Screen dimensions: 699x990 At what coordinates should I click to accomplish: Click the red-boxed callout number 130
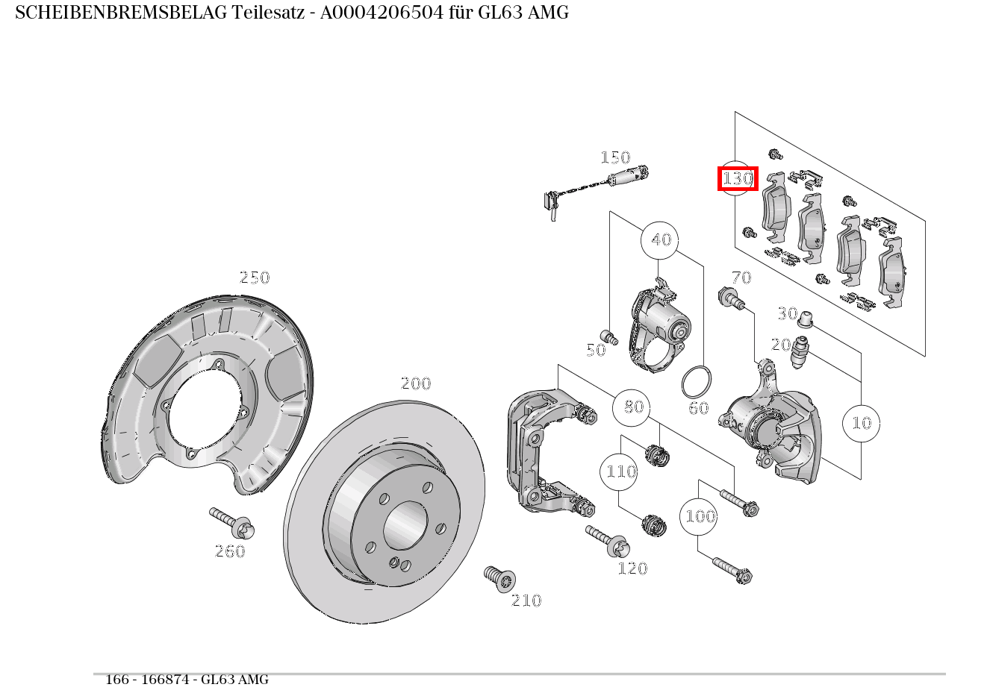[737, 179]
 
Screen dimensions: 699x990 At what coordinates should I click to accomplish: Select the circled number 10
[861, 423]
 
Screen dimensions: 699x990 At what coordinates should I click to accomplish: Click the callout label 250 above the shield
[254, 278]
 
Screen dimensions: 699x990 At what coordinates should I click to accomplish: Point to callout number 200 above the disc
[416, 383]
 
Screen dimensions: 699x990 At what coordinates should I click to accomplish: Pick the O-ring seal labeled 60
[696, 382]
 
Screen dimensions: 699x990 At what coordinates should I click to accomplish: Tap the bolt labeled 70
[730, 298]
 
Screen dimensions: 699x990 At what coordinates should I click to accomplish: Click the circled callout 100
[699, 516]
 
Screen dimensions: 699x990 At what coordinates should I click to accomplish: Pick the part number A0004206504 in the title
[376, 13]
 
